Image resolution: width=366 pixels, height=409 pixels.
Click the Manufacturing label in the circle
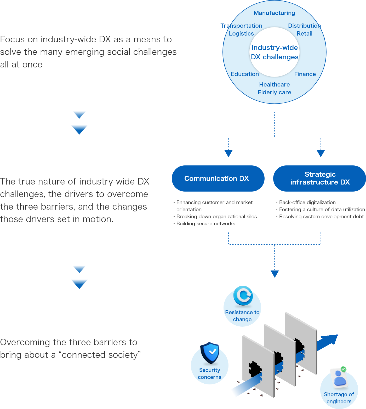point(274,13)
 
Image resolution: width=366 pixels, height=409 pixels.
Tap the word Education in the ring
point(245,74)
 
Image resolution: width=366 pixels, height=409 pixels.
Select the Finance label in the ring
point(305,74)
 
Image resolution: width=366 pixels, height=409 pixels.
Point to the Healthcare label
point(274,84)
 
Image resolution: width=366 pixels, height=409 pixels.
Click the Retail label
point(304,33)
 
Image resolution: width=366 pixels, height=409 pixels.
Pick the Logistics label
point(241,33)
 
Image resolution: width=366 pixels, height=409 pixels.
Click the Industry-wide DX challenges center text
point(274,52)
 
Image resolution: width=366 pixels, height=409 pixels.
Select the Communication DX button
point(218,178)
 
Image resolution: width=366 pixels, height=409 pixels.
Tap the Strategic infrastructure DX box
point(319,178)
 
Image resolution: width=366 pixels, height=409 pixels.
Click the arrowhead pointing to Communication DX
point(228,153)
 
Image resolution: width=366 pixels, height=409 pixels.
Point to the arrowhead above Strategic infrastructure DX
point(321,153)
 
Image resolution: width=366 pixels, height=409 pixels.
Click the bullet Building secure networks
point(205,224)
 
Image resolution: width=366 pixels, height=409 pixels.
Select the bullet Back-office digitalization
point(307,202)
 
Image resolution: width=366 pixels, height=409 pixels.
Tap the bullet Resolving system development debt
point(321,217)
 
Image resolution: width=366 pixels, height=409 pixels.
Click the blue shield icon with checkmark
point(210,353)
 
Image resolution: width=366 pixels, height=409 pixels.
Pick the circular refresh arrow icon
point(243,296)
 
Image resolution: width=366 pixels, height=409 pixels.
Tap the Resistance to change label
point(242,316)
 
